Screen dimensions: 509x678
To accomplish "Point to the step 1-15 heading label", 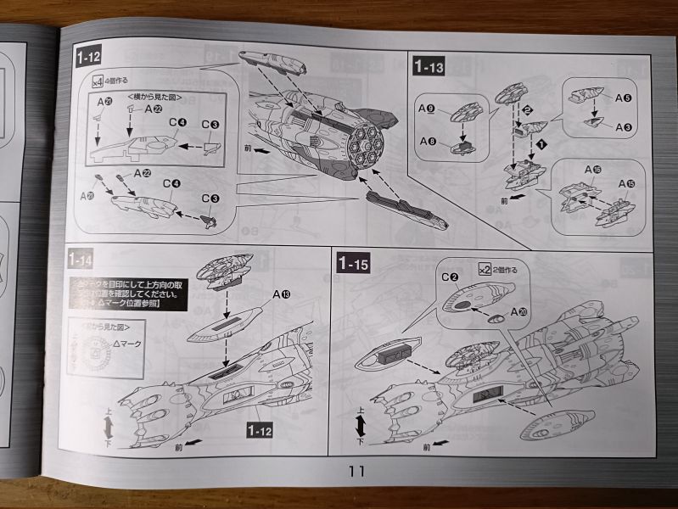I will (x=352, y=263).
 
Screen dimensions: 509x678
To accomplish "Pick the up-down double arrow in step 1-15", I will (x=361, y=426).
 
